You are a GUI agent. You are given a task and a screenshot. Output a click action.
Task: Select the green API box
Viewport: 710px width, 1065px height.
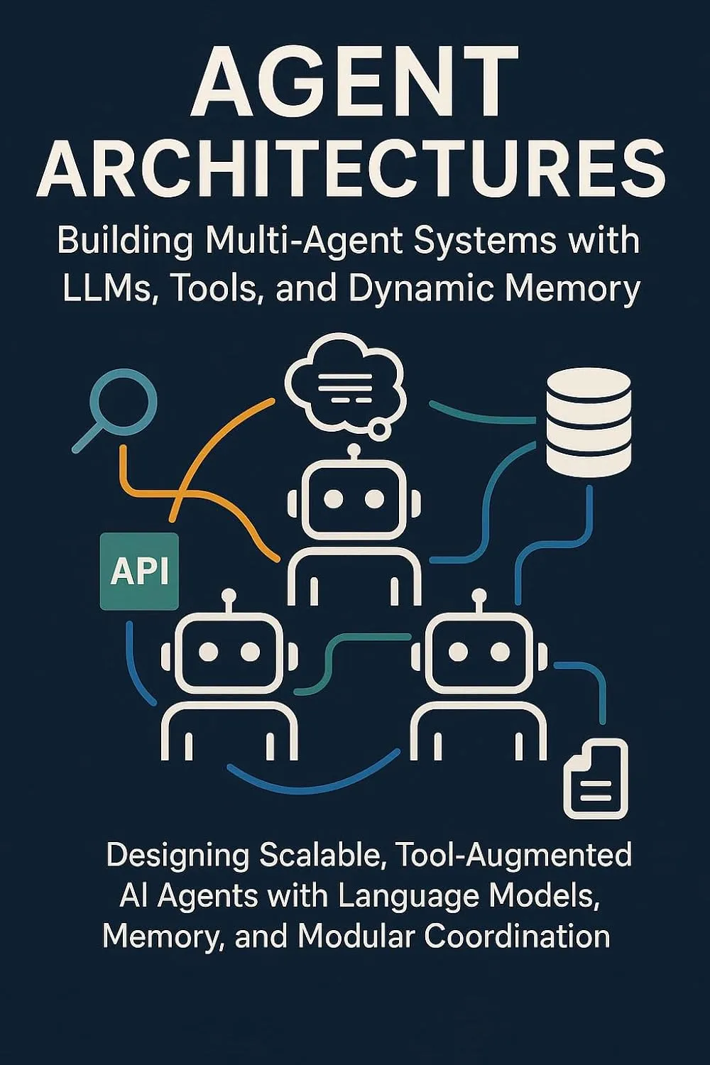[140, 571]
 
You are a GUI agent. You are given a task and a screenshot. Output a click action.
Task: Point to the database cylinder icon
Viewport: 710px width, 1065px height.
[589, 424]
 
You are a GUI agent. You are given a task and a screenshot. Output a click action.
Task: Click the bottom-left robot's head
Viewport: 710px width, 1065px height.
[229, 651]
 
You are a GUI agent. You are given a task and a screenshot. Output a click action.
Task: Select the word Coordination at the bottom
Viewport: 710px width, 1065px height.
[518, 936]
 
